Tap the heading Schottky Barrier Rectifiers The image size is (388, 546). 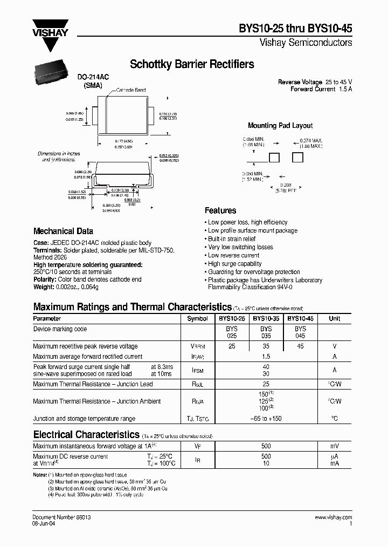(192, 65)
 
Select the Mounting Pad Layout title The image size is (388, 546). (280, 126)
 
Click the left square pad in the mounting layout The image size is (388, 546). (275, 158)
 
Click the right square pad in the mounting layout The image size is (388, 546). (297, 158)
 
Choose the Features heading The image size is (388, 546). (220, 210)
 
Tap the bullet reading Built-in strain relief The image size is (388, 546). (232, 239)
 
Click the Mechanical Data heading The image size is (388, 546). (63, 231)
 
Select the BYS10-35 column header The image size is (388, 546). (266, 319)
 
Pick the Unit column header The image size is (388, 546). (335, 319)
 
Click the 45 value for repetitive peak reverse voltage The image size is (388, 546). (300, 346)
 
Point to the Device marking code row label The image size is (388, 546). (60, 329)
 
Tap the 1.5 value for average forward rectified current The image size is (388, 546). (266, 357)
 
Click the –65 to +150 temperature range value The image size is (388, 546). (266, 419)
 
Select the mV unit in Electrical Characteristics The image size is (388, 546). (335, 447)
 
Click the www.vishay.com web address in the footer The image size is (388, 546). (333, 517)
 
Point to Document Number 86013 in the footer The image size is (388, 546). (61, 517)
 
